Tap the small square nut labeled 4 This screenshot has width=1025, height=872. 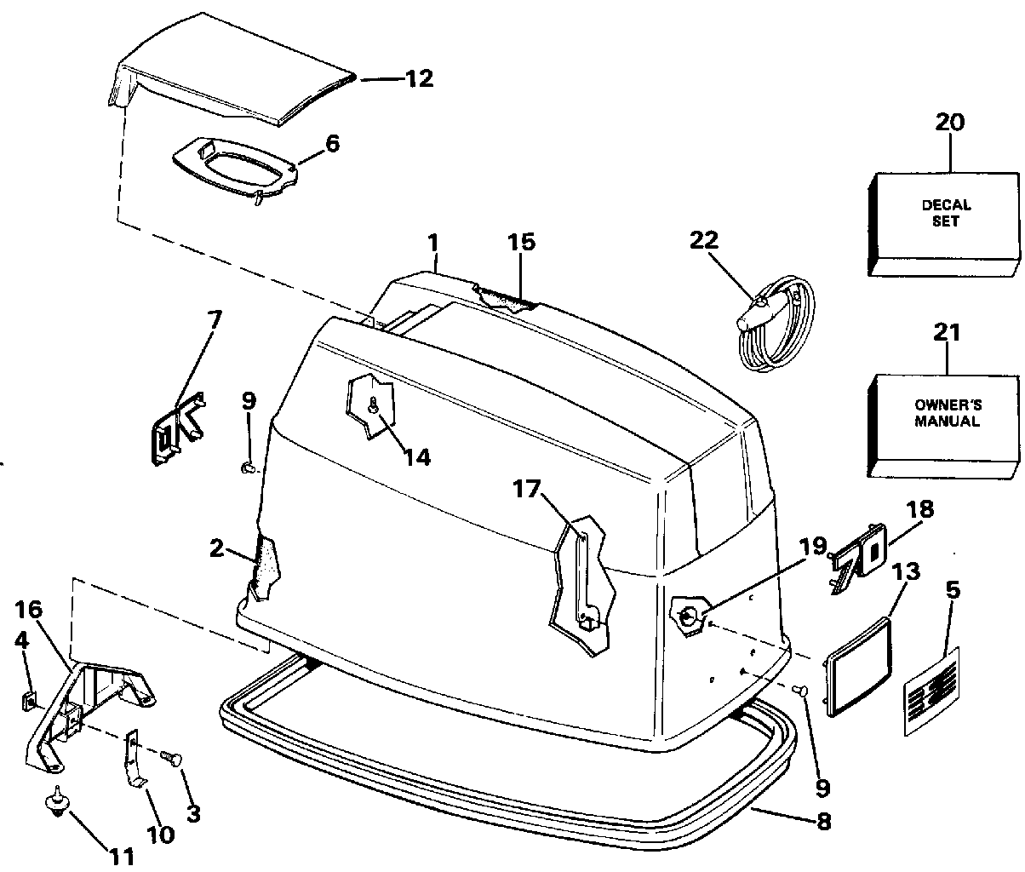tap(27, 701)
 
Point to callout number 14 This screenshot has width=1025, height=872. tap(416, 456)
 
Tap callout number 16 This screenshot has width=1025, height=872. tap(28, 610)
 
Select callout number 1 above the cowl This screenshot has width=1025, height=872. tap(433, 244)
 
